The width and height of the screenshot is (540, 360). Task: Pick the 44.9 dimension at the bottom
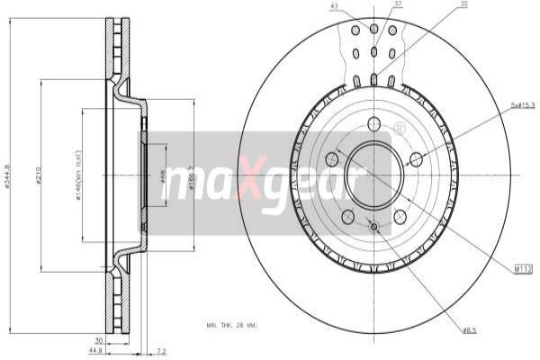[x=94, y=350]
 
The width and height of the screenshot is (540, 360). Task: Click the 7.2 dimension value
[x=161, y=350]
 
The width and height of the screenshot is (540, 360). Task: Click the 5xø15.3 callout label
[x=523, y=106]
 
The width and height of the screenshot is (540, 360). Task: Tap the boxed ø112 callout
[x=524, y=267]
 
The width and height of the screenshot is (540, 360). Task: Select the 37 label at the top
[x=398, y=4]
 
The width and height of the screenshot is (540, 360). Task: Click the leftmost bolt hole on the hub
[x=331, y=159]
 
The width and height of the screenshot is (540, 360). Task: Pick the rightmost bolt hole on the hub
[x=416, y=159]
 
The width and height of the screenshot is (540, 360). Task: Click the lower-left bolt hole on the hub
[x=347, y=216]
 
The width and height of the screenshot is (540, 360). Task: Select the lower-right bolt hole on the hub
[x=400, y=216]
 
